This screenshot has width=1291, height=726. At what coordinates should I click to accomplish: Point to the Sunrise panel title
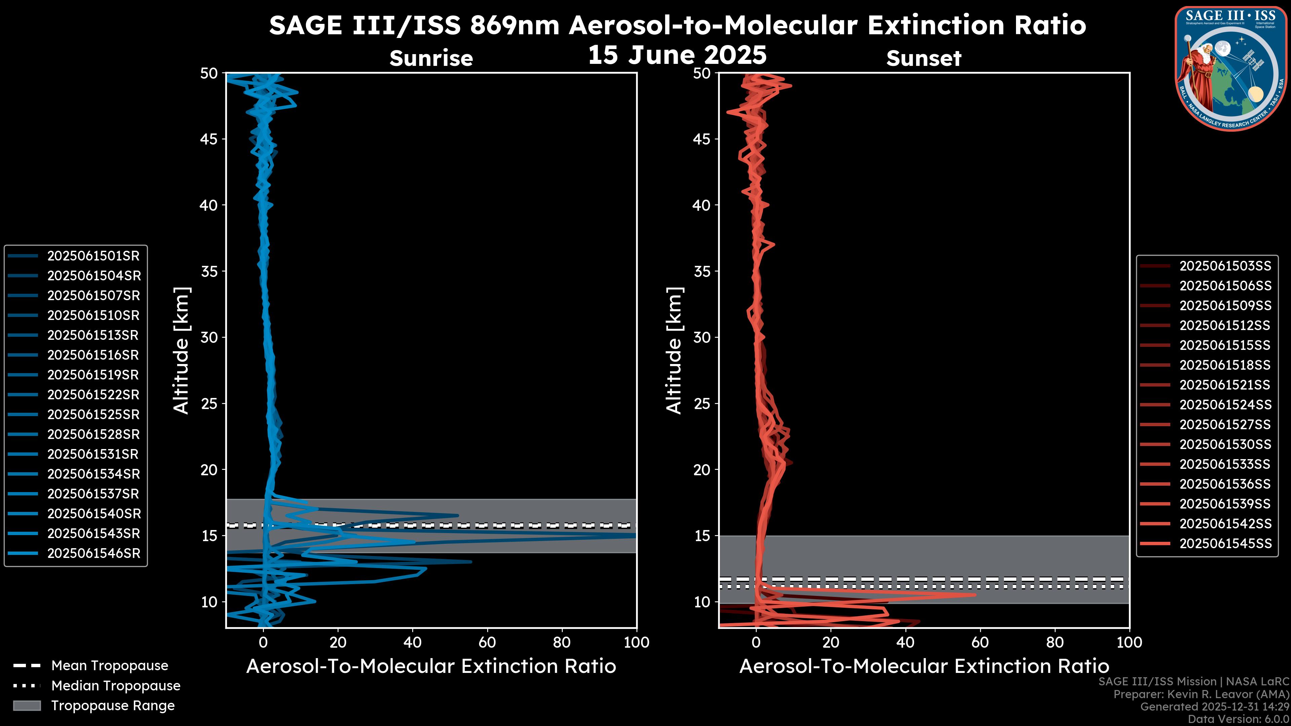431,58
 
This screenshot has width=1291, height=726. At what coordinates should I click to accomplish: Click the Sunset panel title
924,58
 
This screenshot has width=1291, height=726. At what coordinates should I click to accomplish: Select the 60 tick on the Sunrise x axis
487,642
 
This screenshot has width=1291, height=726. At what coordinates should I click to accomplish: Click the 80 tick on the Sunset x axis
1055,642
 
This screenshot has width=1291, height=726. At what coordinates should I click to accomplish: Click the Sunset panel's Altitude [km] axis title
674,351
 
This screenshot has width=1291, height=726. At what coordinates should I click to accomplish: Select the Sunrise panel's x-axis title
431,667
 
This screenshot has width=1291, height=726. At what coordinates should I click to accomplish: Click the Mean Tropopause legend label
110,666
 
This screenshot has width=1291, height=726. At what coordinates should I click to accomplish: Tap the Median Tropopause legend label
116,686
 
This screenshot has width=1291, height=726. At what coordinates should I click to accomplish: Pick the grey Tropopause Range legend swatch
27,706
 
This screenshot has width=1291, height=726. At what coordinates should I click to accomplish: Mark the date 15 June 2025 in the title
677,55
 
